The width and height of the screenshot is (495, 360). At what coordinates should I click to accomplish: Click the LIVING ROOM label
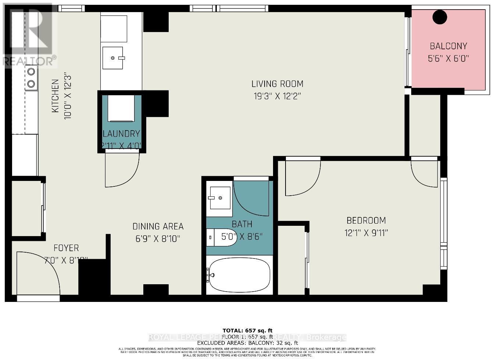[277, 84]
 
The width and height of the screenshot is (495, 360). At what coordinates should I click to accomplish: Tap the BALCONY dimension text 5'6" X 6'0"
[448, 58]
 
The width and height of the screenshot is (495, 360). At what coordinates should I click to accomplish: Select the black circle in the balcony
[439, 17]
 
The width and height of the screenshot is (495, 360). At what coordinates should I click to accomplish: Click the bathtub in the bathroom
[239, 275]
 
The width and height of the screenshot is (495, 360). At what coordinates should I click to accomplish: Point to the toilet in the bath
[221, 237]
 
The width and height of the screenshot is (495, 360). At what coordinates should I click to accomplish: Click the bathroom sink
[219, 198]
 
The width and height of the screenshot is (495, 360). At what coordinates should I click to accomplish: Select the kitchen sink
[113, 58]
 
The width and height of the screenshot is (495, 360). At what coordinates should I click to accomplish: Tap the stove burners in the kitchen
[31, 78]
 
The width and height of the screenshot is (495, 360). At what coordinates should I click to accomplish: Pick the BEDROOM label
[366, 221]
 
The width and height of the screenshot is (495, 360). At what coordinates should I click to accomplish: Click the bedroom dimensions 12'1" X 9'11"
[366, 233]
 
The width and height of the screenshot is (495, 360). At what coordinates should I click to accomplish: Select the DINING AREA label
[158, 227]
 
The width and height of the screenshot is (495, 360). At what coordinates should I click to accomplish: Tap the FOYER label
[66, 248]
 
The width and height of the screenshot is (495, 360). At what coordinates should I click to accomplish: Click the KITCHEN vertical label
[55, 96]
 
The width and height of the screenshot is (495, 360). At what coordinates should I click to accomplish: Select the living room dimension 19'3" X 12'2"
[277, 96]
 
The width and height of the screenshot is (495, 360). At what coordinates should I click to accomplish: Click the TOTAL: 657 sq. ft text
[247, 330]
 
